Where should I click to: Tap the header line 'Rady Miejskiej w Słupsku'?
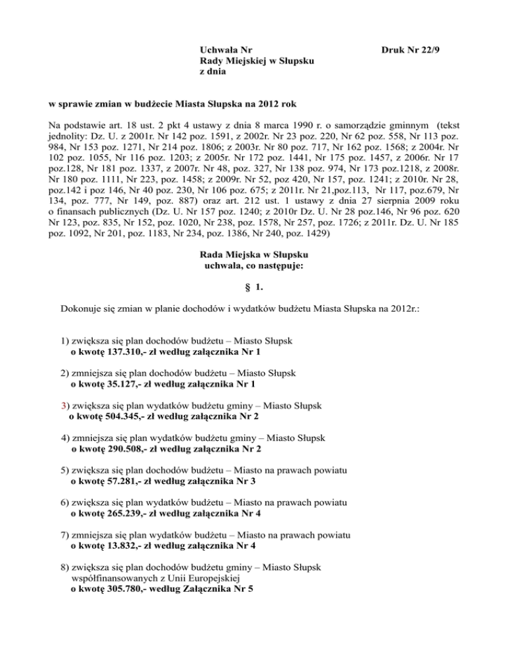pyautogui.click(x=257, y=62)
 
